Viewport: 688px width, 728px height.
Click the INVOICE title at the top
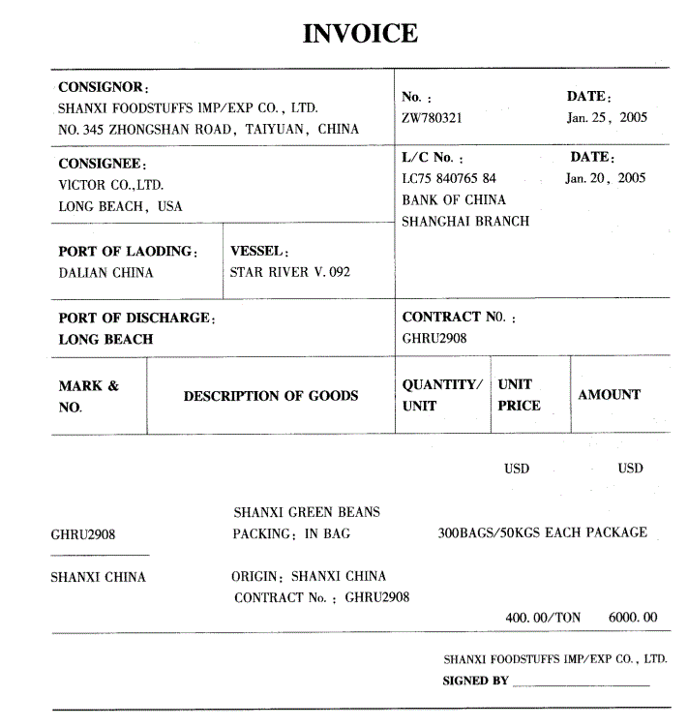pyautogui.click(x=360, y=33)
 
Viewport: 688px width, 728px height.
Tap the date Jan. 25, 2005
pyautogui.click(x=607, y=118)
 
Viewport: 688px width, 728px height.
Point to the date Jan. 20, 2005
pyautogui.click(x=605, y=178)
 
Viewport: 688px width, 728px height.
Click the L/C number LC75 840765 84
pyautogui.click(x=449, y=178)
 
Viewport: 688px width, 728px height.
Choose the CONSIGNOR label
pyautogui.click(x=102, y=88)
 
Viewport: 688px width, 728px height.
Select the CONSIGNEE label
pyautogui.click(x=102, y=165)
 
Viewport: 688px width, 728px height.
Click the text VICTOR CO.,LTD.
pyautogui.click(x=110, y=185)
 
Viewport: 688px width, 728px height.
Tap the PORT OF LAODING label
pyautogui.click(x=128, y=252)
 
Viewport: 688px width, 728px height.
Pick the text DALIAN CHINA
pyautogui.click(x=105, y=273)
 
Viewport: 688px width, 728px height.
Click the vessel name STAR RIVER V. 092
pyautogui.click(x=289, y=273)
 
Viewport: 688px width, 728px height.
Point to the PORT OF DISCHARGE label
pyautogui.click(x=136, y=318)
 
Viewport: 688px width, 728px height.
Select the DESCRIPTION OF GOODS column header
pyautogui.click(x=271, y=396)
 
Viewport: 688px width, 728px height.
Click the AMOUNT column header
pyautogui.click(x=609, y=395)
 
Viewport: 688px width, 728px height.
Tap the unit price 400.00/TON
pyautogui.click(x=543, y=618)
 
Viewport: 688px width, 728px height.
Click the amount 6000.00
pyautogui.click(x=633, y=618)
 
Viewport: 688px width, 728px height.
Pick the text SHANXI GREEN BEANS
pyautogui.click(x=307, y=512)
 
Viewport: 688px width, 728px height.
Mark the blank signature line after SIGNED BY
pyautogui.click(x=581, y=684)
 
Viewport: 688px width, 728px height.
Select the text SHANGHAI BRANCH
pyautogui.click(x=465, y=222)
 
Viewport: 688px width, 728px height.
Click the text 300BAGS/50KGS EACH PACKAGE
pyautogui.click(x=542, y=533)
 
